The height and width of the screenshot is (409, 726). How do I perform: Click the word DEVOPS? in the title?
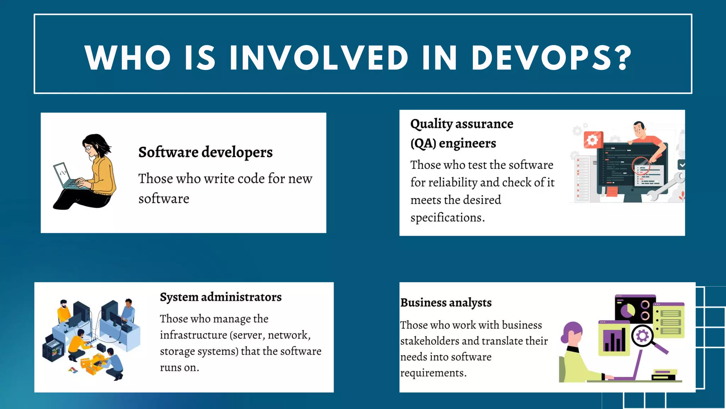pos(551,58)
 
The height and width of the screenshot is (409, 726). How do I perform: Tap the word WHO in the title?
pos(128,58)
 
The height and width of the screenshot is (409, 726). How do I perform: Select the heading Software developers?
pos(205,152)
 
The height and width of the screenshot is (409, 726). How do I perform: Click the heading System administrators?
pos(220,297)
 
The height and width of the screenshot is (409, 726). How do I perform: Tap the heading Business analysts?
pos(446,303)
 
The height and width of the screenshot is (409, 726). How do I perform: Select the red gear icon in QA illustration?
pos(593,140)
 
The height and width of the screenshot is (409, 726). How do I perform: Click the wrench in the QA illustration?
pos(666,186)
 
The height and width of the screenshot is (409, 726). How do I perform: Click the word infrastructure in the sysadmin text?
pos(193,335)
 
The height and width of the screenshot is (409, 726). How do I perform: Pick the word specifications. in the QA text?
pos(447,218)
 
